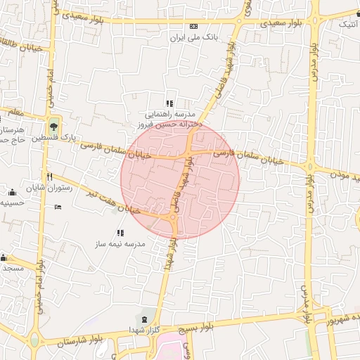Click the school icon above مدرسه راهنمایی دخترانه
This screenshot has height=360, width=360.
[x=169, y=103]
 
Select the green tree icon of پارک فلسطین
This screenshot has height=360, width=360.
[x=54, y=126]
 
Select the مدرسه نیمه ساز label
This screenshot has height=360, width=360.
[x=120, y=243]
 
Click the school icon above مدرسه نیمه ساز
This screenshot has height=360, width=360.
[x=120, y=233]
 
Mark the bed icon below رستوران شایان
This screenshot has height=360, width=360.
[x=58, y=207]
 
